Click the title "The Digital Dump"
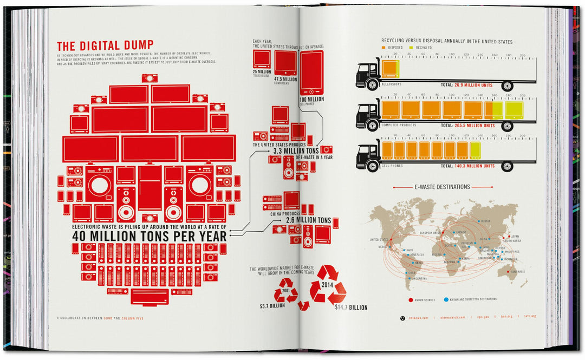pos(106,45)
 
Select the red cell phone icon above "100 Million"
pos(311,73)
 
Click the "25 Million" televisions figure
pos(262,71)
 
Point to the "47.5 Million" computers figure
pos(286,79)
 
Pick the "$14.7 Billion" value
pos(351,307)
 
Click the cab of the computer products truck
pos(366,115)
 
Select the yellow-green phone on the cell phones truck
pos(475,150)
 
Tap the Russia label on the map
pos(486,221)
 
